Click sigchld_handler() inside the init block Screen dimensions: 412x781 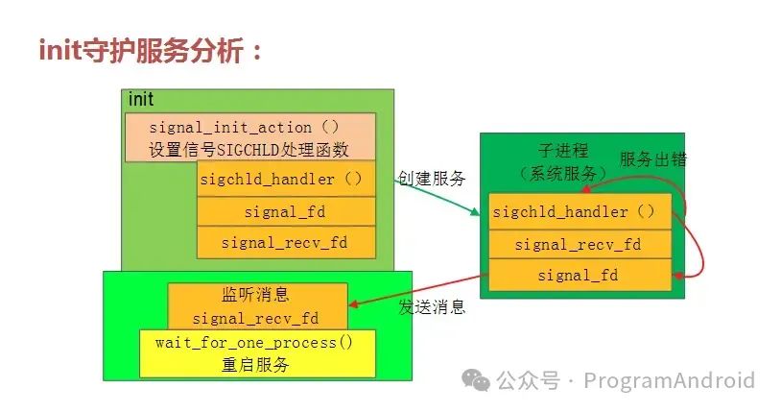[285, 179]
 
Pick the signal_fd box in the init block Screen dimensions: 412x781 [285, 211]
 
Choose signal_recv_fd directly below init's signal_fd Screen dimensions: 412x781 [285, 242]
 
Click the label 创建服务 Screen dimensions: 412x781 [432, 179]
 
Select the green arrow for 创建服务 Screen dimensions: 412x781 [437, 196]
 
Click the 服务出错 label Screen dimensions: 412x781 [652, 159]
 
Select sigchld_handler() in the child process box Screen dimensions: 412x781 [574, 212]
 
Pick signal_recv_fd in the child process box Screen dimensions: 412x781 [578, 244]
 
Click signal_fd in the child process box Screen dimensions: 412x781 [578, 276]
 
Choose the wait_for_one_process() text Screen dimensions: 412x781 [256, 343]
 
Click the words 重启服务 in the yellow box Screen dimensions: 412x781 [256, 365]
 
